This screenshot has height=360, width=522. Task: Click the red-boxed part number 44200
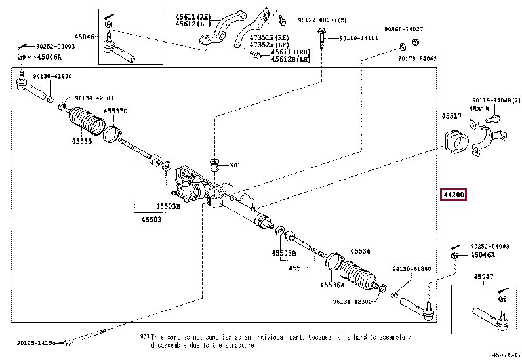click(x=453, y=195)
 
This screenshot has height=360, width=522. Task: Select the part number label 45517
click(x=451, y=116)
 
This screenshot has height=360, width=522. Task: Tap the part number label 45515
click(x=478, y=109)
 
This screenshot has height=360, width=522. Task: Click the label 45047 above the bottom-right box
click(x=484, y=277)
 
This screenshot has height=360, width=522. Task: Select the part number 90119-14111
click(x=359, y=38)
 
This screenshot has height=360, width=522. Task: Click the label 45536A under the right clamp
click(x=333, y=285)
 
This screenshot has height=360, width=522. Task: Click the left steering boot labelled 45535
click(x=85, y=123)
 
